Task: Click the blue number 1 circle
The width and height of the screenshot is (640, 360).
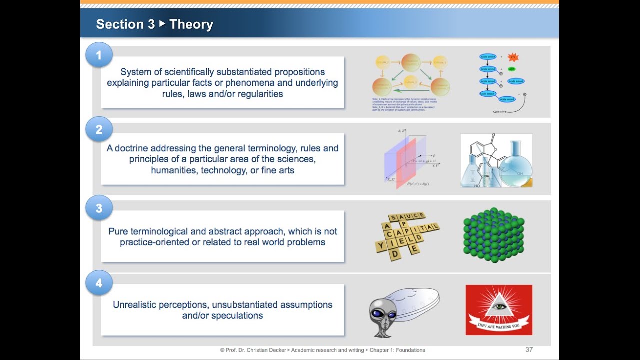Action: point(99,55)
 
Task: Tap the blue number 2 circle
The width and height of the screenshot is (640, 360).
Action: point(99,130)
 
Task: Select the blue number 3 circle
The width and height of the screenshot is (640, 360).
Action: point(99,208)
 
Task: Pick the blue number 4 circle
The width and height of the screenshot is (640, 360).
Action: point(99,283)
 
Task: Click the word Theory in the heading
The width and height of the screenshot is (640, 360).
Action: point(191,24)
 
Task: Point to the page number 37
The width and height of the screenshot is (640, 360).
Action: point(529,350)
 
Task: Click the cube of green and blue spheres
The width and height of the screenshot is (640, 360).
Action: point(493,235)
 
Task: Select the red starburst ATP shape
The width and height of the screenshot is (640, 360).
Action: point(513,57)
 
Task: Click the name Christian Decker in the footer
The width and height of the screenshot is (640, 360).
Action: point(264,350)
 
